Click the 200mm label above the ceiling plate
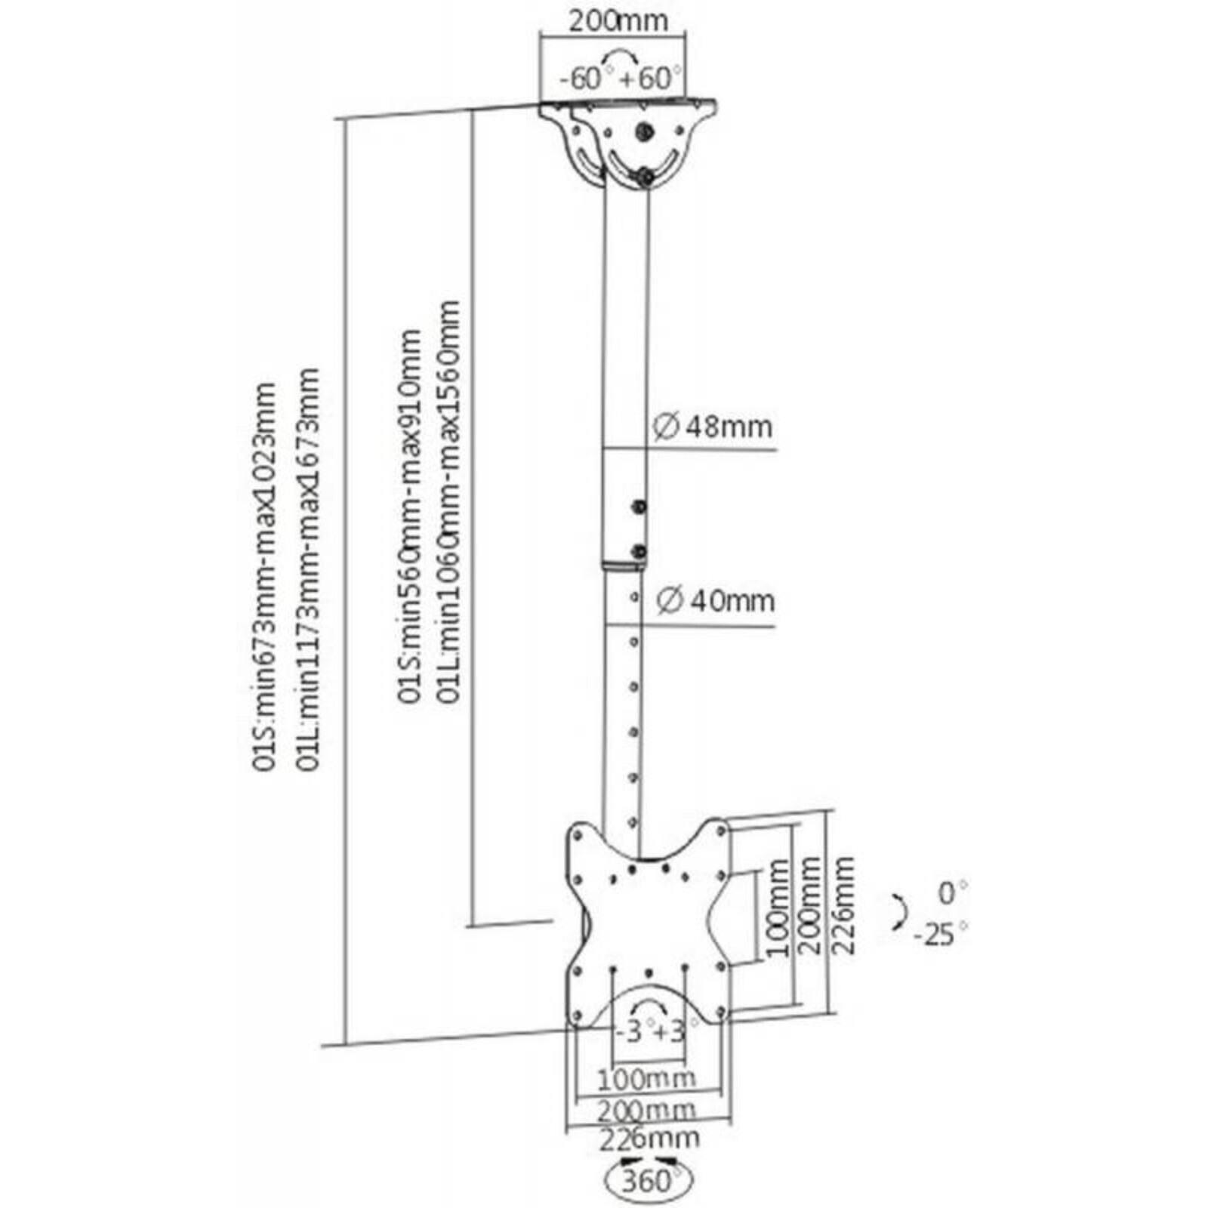pyautogui.click(x=618, y=20)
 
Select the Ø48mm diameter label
pyautogui.click(x=712, y=427)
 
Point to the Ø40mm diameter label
pyautogui.click(x=715, y=601)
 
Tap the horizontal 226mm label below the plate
pyautogui.click(x=649, y=1138)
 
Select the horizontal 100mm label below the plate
pyautogui.click(x=646, y=1079)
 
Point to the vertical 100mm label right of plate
pyautogui.click(x=778, y=908)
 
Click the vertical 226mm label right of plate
pyautogui.click(x=844, y=906)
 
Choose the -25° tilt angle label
pyautogui.click(x=941, y=934)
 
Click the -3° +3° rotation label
pyautogui.click(x=649, y=1031)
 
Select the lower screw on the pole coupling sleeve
pyautogui.click(x=639, y=552)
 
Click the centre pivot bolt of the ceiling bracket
pyautogui.click(x=644, y=132)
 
